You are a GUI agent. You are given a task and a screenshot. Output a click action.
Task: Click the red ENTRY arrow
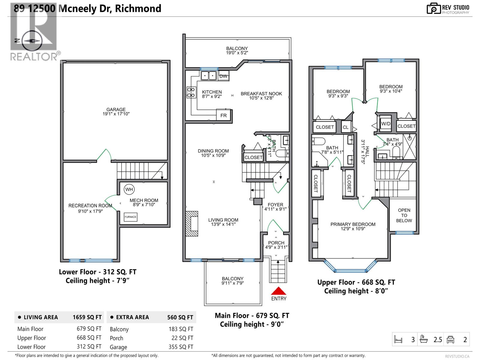tap(279, 291)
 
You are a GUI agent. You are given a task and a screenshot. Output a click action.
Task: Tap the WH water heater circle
tap(129, 189)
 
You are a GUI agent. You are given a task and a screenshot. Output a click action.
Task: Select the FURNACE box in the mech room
tap(130, 217)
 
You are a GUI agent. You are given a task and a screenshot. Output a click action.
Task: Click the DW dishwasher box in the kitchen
tap(223, 76)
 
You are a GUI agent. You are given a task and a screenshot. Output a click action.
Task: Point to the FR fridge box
tap(223, 115)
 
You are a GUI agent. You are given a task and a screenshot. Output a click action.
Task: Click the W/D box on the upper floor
tap(386, 124)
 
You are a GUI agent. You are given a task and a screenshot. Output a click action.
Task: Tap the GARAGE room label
tap(116, 112)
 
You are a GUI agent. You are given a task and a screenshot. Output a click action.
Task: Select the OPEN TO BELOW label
tap(404, 215)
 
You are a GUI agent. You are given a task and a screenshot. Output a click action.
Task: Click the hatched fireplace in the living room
tap(192, 224)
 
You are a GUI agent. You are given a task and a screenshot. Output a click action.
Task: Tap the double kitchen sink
tap(208, 76)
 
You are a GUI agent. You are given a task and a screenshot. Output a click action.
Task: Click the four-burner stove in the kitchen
tap(191, 92)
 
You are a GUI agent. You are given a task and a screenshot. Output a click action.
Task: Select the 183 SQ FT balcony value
tap(181, 329)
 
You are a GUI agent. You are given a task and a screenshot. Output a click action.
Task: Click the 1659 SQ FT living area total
tap(87, 317)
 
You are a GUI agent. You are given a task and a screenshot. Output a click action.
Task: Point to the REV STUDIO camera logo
tap(433, 8)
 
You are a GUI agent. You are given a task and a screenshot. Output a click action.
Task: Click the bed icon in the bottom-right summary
tap(398, 340)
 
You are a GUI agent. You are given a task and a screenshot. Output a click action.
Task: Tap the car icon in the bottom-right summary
tap(450, 340)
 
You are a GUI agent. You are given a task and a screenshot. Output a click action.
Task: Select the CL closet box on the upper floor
tap(346, 127)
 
